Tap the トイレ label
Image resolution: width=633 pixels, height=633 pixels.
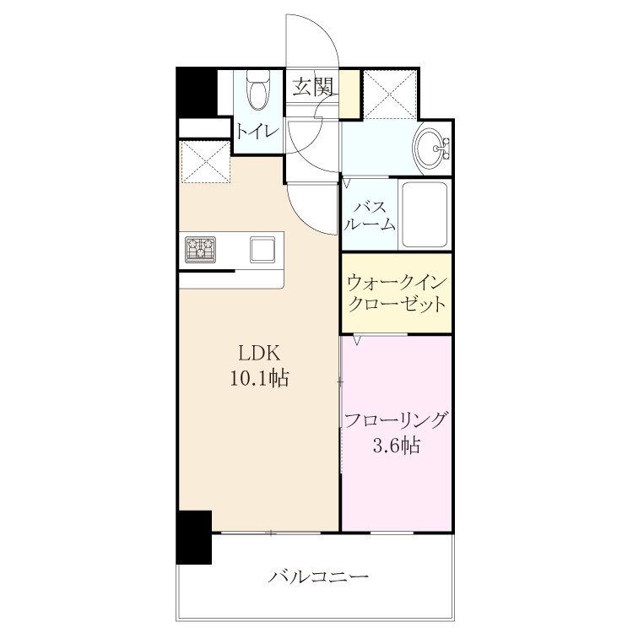(x=257, y=131)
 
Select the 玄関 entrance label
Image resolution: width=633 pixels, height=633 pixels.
(x=313, y=86)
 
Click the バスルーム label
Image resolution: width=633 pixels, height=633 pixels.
(x=370, y=216)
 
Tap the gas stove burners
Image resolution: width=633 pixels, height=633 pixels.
(x=201, y=250)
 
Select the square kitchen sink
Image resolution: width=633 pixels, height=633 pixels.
(x=262, y=250)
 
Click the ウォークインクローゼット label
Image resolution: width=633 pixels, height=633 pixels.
(x=397, y=293)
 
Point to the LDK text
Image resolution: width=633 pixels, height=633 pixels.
(x=259, y=354)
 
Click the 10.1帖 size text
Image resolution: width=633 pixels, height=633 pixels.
(x=260, y=379)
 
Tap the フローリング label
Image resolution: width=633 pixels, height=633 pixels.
(x=397, y=420)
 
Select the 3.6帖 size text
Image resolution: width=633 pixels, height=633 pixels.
(x=397, y=446)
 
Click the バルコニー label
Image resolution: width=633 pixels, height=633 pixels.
(x=318, y=576)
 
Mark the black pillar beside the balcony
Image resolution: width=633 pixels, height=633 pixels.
(x=194, y=538)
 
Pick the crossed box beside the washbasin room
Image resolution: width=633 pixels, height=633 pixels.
(x=390, y=95)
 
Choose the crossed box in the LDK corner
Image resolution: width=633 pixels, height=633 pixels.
(x=205, y=162)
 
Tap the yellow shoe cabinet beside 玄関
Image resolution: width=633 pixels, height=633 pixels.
(x=349, y=94)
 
